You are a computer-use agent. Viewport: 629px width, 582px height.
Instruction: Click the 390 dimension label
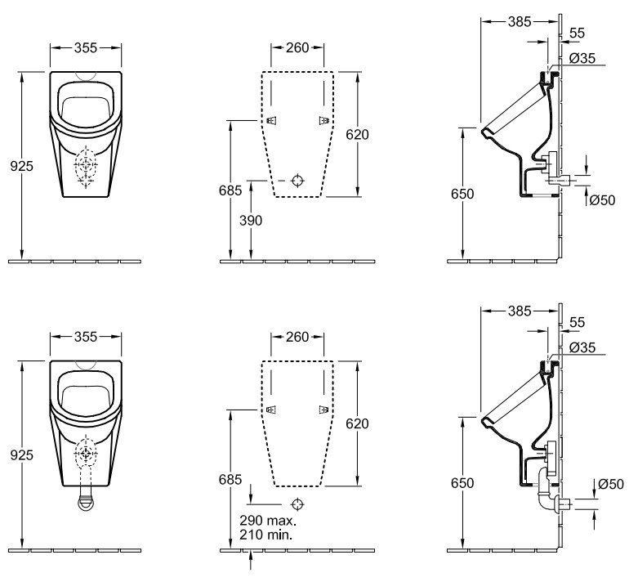[251, 221]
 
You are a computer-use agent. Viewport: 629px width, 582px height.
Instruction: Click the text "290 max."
[268, 521]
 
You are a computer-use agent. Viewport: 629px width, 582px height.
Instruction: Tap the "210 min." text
[266, 535]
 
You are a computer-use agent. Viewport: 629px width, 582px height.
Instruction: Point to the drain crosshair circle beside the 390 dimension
[297, 181]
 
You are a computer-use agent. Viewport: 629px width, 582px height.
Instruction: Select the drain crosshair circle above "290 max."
[297, 504]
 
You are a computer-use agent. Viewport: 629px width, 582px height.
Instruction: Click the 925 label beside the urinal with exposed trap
[22, 455]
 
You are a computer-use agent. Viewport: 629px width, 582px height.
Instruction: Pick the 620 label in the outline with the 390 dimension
[357, 134]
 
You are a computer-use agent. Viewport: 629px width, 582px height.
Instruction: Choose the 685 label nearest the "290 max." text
[230, 479]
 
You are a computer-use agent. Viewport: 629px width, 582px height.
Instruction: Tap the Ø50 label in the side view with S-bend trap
[610, 485]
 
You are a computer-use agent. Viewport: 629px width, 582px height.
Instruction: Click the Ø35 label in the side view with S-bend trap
[582, 347]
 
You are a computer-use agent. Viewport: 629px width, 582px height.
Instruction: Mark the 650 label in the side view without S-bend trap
[462, 194]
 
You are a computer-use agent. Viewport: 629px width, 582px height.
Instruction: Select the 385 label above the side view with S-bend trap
[520, 311]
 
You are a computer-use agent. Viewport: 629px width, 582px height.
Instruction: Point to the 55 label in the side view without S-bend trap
[578, 33]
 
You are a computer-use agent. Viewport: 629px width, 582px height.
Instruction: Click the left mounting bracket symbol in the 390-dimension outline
[271, 120]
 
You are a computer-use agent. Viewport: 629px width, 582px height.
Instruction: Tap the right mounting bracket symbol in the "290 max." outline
[323, 410]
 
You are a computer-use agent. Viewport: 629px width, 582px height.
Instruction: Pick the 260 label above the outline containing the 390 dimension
[297, 47]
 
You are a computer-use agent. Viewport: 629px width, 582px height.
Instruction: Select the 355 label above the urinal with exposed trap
[86, 337]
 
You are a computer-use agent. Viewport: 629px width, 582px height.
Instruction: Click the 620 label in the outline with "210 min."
[357, 423]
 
